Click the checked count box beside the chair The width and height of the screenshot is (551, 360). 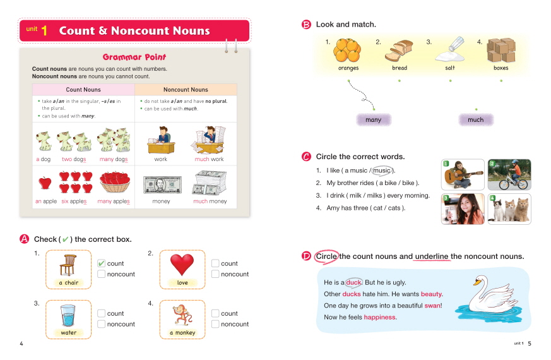coord(101,263)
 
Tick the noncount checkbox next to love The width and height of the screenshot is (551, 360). coord(215,274)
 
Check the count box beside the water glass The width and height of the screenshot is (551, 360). coord(101,313)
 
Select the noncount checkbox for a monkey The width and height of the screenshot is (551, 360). coord(215,324)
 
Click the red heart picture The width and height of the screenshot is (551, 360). coord(182,264)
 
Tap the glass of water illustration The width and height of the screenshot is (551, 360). coord(68,315)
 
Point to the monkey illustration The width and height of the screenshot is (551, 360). coord(182,314)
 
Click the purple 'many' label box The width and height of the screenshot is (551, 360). coord(374,119)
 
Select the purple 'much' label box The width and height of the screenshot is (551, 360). coord(475,119)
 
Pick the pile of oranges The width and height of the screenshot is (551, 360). coord(348,49)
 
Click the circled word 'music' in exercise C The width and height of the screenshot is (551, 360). coord(382,171)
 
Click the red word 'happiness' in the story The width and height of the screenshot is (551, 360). coord(380,317)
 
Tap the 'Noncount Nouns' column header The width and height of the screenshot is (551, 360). coord(186,90)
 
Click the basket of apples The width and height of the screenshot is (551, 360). coord(114,183)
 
